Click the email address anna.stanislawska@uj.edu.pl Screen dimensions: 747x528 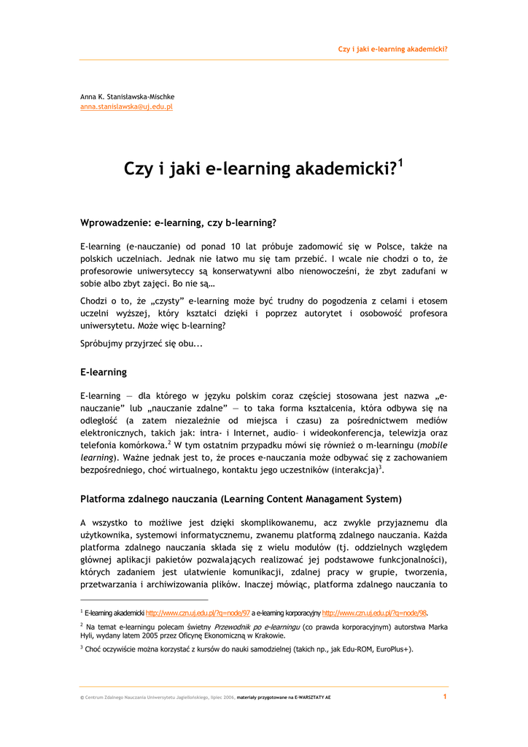pyautogui.click(x=126, y=107)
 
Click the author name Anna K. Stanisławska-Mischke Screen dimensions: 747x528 pyautogui.click(x=127, y=96)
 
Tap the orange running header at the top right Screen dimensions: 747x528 pyautogui.click(x=392, y=50)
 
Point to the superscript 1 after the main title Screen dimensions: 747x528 pyautogui.click(x=400, y=163)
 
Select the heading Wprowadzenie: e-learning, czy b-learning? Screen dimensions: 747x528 pyautogui.click(x=178, y=222)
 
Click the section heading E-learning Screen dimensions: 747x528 pyautogui.click(x=103, y=372)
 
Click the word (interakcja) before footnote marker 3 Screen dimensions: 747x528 pyautogui.click(x=354, y=471)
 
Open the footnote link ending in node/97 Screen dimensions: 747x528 pyautogui.click(x=198, y=613)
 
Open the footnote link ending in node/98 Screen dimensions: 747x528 pyautogui.click(x=374, y=613)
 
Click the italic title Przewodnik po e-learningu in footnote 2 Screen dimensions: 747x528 pyautogui.click(x=257, y=626)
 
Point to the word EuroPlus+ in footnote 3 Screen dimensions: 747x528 pyautogui.click(x=392, y=648)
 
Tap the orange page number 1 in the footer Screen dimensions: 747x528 pyautogui.click(x=445, y=697)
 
